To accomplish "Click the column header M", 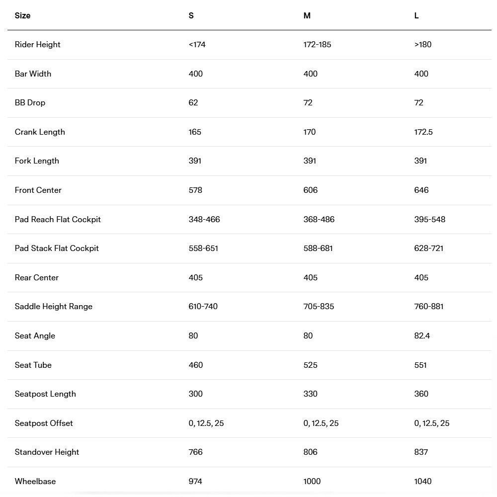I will (307, 15).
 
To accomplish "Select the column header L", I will (416, 15).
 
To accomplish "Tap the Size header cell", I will (22, 15).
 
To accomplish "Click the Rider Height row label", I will (38, 44).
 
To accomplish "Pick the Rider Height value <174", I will (197, 44).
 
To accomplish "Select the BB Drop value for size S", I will (193, 102).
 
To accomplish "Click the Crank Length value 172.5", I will (423, 132).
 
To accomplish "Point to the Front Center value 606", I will (310, 190).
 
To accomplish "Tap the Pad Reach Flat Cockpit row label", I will (58, 219).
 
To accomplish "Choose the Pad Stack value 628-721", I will (428, 248).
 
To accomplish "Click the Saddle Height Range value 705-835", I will (319, 306).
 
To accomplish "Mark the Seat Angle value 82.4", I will (422, 335).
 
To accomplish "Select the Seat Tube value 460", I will (196, 365).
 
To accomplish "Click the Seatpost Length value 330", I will (310, 394).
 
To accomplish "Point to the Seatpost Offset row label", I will (44, 423).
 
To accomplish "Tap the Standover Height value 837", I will (421, 452).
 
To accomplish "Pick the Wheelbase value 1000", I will (312, 481).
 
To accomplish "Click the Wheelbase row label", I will (35, 481).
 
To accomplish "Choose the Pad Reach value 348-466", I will (204, 219).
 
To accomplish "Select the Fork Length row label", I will (37, 161).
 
